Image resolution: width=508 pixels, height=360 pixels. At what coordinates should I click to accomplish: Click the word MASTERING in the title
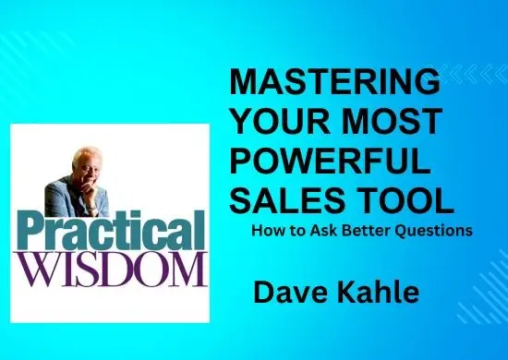(334, 82)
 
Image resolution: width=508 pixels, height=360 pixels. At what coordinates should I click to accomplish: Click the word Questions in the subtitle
(438, 231)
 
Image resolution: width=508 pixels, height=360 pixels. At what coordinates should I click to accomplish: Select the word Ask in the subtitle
(330, 231)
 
